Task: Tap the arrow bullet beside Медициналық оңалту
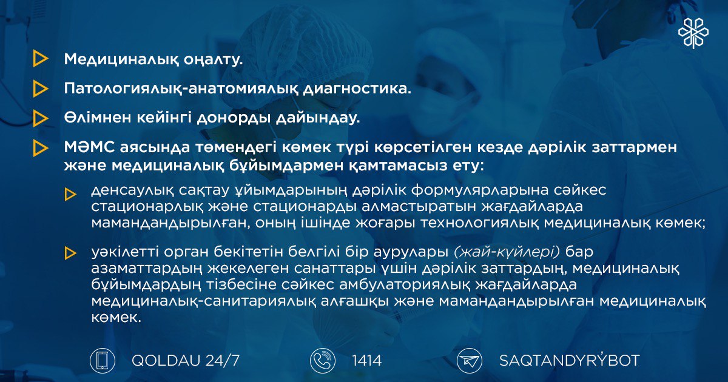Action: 41,59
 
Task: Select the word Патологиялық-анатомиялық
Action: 181,89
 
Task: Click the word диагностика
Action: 357,89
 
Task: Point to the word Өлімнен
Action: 98,118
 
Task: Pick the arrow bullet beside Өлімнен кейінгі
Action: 41,118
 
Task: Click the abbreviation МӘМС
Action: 89,147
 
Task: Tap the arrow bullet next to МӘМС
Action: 41,148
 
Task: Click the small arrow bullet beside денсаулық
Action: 70,194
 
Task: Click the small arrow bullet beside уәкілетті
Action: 70,253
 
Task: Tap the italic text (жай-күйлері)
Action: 507,252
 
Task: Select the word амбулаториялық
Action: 405,285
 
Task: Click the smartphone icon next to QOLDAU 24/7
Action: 103,361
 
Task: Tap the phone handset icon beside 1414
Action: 322,361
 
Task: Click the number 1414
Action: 367,361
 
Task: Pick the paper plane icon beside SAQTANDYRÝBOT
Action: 470,361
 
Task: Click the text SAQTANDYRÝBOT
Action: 570,360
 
